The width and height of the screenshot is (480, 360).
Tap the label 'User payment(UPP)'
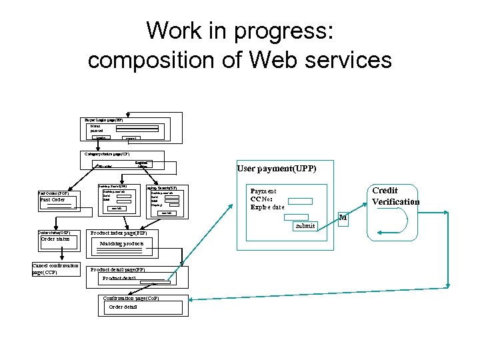[x=277, y=169]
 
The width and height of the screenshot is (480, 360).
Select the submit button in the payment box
[x=305, y=226]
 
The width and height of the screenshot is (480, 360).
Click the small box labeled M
[x=343, y=217]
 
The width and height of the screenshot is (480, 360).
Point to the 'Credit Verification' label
[x=395, y=196]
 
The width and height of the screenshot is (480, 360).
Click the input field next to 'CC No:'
[x=300, y=200]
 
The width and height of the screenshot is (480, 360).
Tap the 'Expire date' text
[x=267, y=207]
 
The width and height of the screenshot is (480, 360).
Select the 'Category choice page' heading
[x=107, y=153]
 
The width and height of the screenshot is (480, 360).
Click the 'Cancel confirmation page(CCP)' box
[x=55, y=269]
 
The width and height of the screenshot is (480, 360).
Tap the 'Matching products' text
[x=121, y=244]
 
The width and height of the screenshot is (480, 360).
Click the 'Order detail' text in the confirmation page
[x=123, y=307]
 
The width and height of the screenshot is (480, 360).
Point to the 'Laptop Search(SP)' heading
[x=161, y=188]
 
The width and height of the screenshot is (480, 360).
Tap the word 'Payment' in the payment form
[x=263, y=191]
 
